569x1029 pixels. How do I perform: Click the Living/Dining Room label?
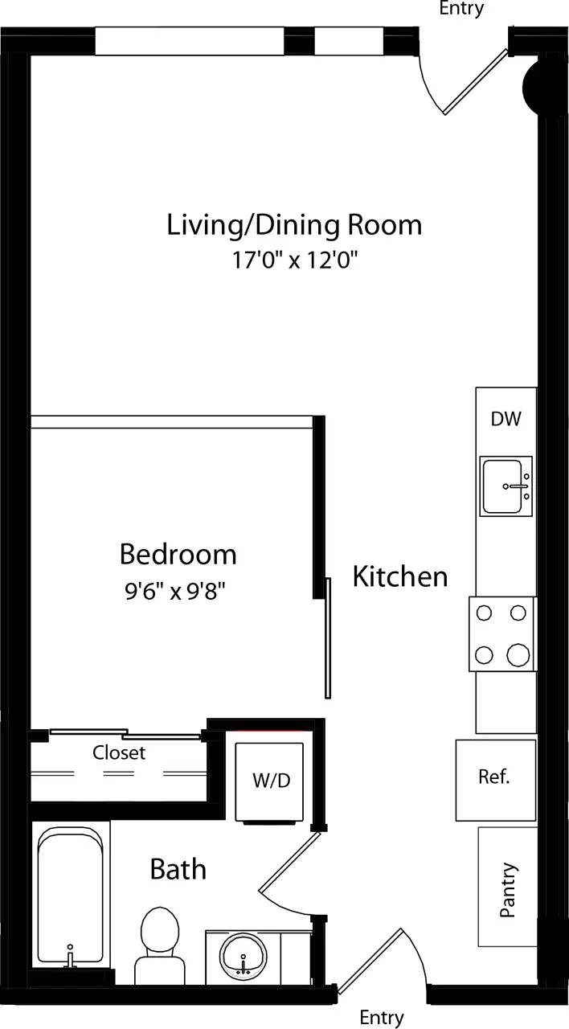[294, 224]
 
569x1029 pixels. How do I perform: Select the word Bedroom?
[178, 554]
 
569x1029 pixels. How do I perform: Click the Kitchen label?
[400, 576]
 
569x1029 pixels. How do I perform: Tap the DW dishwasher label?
[506, 419]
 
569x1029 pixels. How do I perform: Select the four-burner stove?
[502, 634]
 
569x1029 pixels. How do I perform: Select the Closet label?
[119, 752]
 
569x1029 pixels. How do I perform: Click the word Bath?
[178, 869]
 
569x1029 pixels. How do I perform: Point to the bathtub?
[70, 896]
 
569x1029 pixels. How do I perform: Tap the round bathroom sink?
[244, 957]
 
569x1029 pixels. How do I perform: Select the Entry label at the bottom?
[381, 1018]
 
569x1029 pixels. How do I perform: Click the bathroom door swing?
[289, 872]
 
